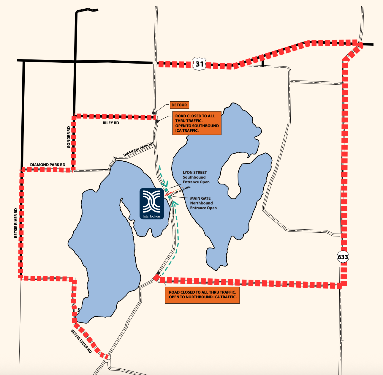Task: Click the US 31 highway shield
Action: [x=199, y=64]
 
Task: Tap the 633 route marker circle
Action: [x=343, y=257]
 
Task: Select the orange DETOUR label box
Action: [x=179, y=105]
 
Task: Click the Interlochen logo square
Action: [x=152, y=204]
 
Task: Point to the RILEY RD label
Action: [x=111, y=123]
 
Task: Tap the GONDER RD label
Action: [x=69, y=137]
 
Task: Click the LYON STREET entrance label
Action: [x=196, y=177]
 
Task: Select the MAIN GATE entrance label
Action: [x=203, y=203]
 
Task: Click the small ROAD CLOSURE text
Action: [x=181, y=191]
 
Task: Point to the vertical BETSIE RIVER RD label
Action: [x=16, y=223]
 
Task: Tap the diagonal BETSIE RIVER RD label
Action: [x=81, y=341]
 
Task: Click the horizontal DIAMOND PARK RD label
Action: [x=48, y=165]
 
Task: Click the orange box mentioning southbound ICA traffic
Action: [x=197, y=123]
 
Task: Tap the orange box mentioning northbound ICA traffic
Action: [x=202, y=294]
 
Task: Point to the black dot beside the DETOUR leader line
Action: [x=153, y=113]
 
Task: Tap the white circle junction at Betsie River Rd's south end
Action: [x=109, y=358]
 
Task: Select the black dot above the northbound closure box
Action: [x=158, y=273]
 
